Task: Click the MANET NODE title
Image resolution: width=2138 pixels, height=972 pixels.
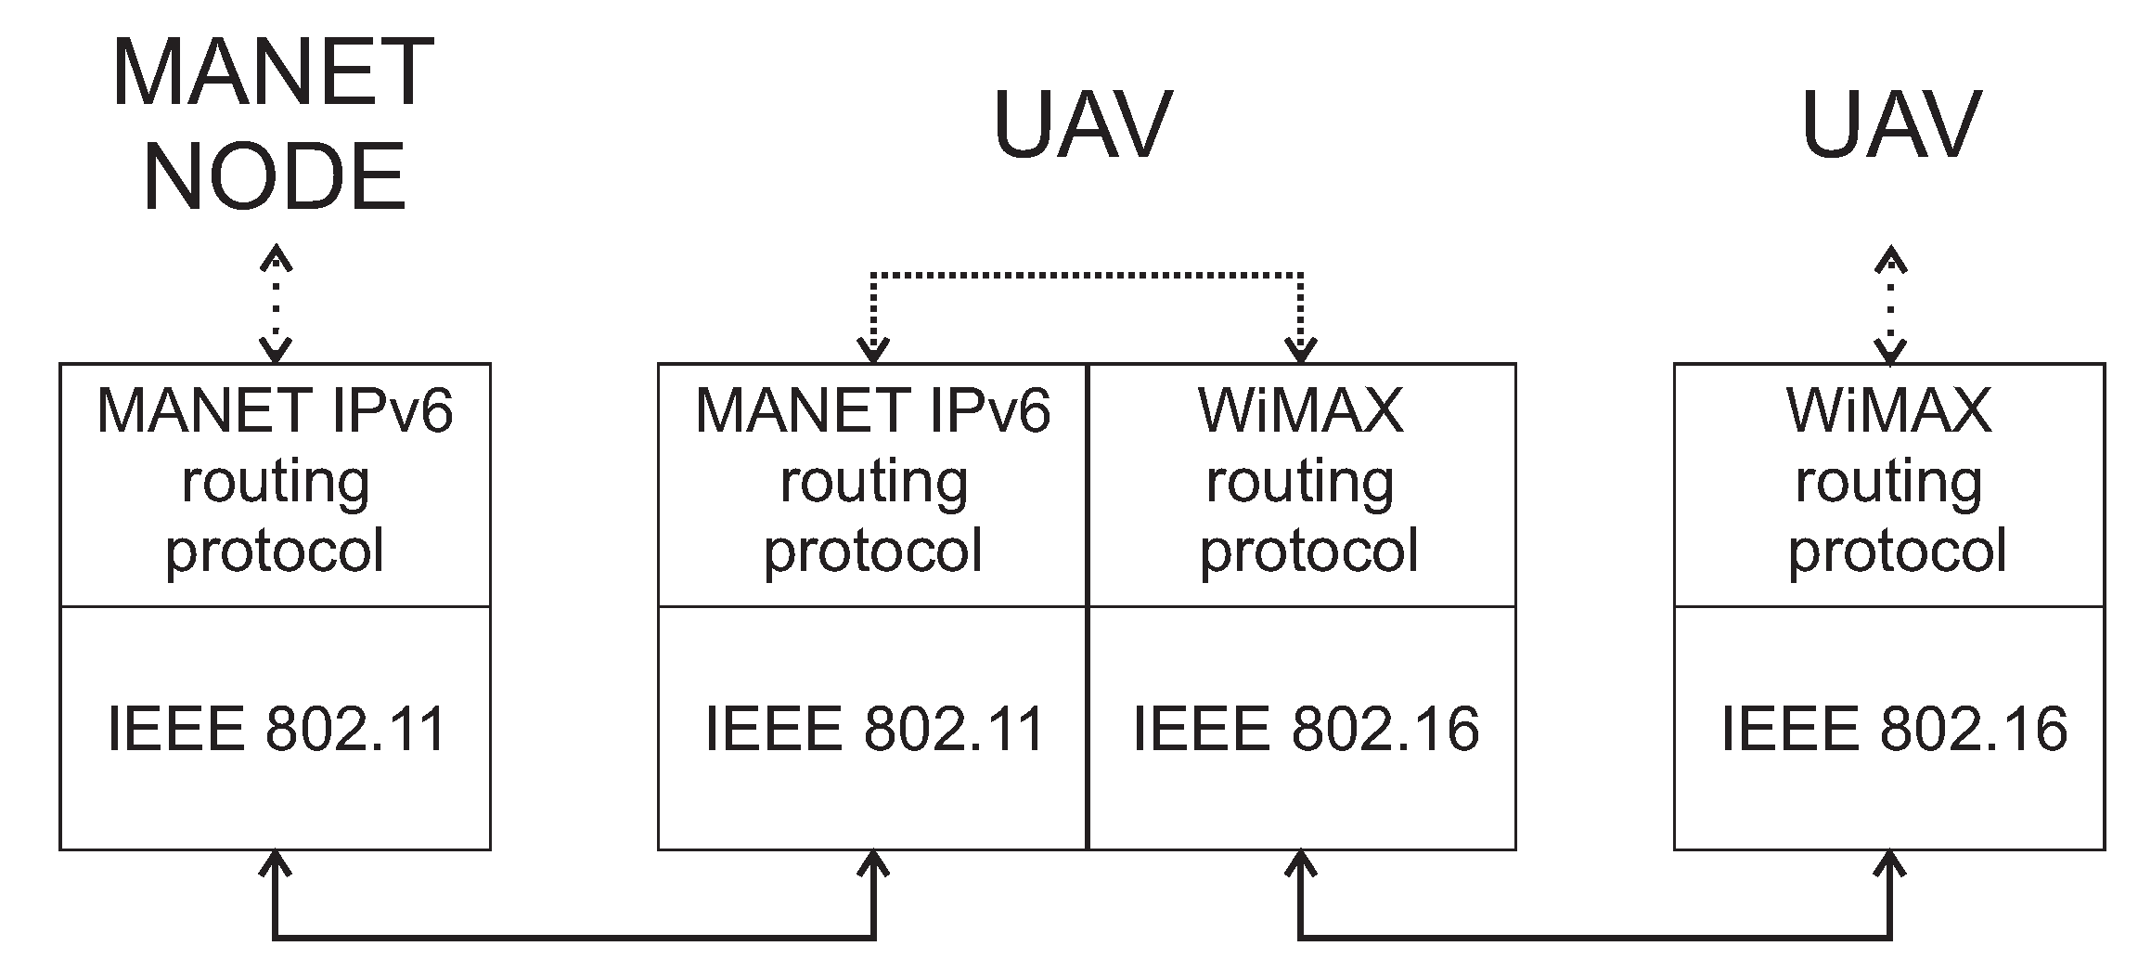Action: coord(274,124)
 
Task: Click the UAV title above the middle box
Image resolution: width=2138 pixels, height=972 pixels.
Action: coord(1082,124)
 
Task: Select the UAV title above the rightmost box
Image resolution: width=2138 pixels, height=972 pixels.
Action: coord(1890,124)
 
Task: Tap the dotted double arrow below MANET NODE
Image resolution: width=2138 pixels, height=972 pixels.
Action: coord(276,304)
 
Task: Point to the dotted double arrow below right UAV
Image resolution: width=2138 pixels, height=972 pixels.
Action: coord(1890,304)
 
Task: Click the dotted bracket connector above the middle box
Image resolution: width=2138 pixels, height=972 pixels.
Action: coord(1086,276)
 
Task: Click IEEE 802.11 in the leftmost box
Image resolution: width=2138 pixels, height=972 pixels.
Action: coord(277,729)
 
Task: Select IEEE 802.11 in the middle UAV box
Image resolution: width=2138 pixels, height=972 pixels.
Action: coord(874,729)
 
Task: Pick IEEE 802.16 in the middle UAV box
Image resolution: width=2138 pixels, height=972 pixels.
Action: coord(1306,729)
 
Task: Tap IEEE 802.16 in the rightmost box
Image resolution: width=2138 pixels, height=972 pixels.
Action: coord(1894,729)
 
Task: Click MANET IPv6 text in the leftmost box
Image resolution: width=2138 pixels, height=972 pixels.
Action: coord(275,410)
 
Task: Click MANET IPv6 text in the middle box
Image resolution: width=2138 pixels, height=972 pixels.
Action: coord(873,410)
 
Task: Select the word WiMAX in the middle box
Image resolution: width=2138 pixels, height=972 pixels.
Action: coord(1301,410)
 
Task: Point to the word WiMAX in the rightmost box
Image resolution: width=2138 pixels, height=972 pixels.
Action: coord(1889,410)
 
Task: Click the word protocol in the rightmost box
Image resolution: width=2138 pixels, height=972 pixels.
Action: coord(1897,551)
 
